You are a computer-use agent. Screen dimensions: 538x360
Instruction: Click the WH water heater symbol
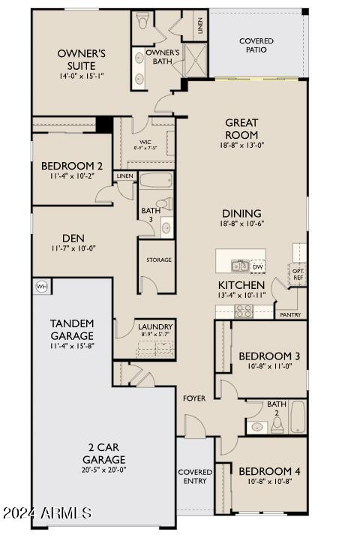[41, 286]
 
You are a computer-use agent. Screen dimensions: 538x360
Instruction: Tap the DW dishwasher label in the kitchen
[257, 266]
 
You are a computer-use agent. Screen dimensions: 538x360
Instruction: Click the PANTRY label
[290, 315]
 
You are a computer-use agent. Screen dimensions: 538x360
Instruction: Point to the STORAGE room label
[158, 260]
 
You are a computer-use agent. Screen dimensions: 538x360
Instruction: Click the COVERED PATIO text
[256, 45]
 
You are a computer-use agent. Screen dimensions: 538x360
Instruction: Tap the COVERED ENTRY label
[195, 476]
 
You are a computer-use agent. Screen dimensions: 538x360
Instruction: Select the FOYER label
[194, 398]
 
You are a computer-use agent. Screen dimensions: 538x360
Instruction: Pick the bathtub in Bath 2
[298, 418]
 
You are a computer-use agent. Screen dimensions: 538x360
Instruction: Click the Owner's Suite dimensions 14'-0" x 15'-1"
[82, 77]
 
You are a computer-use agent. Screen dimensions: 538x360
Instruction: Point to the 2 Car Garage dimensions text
[104, 470]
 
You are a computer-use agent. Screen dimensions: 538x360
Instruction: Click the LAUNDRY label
[155, 327]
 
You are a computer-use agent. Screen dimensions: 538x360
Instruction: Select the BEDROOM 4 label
[269, 471]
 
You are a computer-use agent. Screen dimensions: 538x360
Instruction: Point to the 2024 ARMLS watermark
[46, 513]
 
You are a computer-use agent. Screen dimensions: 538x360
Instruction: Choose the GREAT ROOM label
[241, 128]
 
